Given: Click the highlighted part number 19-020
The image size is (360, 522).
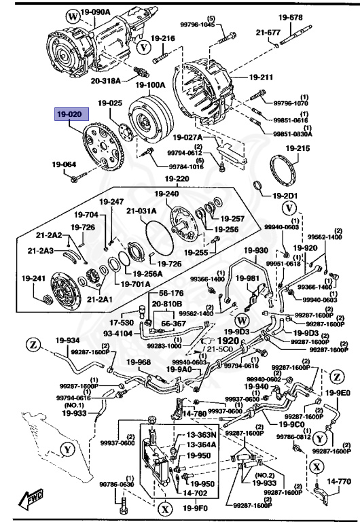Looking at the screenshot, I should [69, 115].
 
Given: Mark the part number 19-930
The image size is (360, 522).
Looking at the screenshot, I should [257, 250].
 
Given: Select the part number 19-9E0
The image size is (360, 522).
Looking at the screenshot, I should [338, 392].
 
